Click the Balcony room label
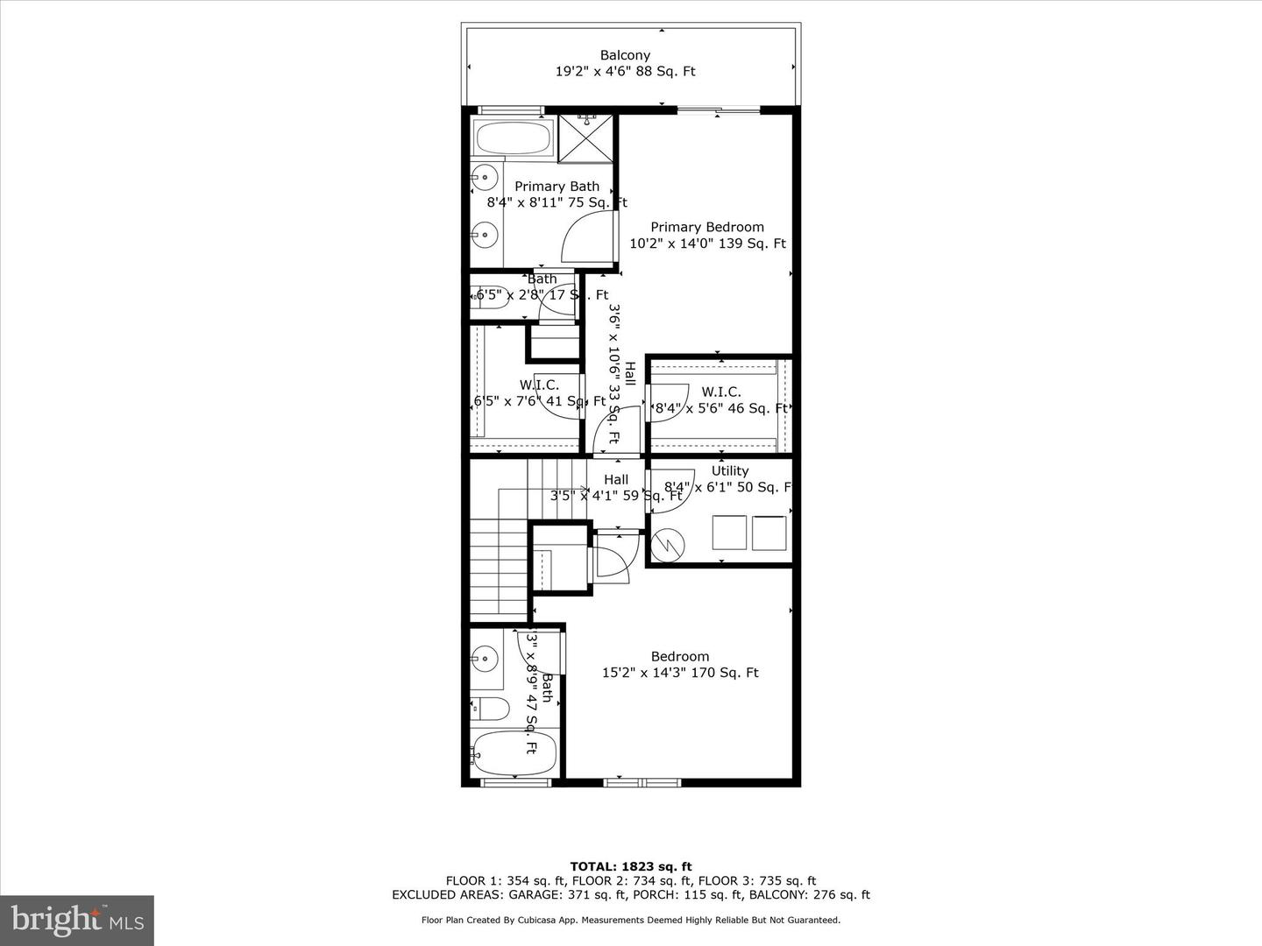[625, 55]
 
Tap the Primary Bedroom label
[706, 227]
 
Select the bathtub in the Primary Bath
[513, 138]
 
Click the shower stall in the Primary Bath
[586, 138]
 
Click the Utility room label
[729, 471]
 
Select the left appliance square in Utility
[728, 533]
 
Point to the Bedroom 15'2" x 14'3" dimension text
[679, 673]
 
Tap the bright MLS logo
[77, 920]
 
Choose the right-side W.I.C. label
[720, 392]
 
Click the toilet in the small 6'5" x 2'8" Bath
[491, 295]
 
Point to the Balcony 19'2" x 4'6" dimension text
[625, 72]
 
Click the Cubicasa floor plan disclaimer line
[630, 920]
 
